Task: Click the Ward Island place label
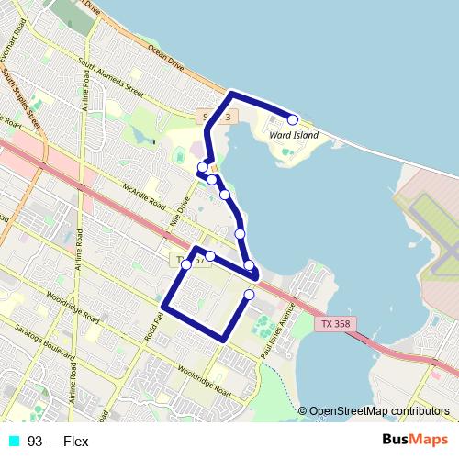click(295, 136)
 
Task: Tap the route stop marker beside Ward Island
click(293, 119)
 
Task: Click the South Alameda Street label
click(111, 79)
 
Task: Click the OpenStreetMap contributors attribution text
click(379, 411)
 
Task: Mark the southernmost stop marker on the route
click(250, 295)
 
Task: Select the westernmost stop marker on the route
click(186, 264)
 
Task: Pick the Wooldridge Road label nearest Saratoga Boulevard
click(70, 309)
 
